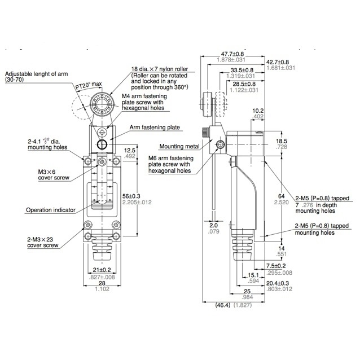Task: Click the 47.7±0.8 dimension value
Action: click(x=232, y=54)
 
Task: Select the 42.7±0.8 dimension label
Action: click(x=278, y=62)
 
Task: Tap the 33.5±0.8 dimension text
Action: click(x=242, y=71)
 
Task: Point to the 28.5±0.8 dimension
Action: click(x=244, y=84)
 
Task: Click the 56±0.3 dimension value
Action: click(x=131, y=196)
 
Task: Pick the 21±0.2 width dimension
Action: click(x=102, y=270)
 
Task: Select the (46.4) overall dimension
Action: click(x=223, y=305)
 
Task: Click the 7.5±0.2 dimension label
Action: click(x=276, y=266)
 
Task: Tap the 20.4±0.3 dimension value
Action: click(x=278, y=283)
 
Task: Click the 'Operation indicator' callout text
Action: click(x=51, y=210)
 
